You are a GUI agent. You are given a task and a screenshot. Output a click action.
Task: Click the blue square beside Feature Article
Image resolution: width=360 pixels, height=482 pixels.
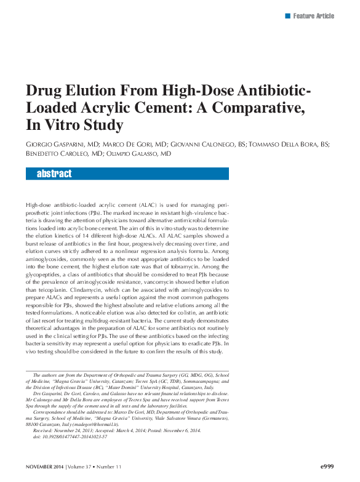287,15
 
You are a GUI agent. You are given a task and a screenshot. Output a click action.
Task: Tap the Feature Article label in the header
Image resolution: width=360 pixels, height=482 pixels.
314,15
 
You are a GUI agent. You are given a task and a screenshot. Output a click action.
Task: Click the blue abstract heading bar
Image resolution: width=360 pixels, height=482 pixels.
127,174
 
